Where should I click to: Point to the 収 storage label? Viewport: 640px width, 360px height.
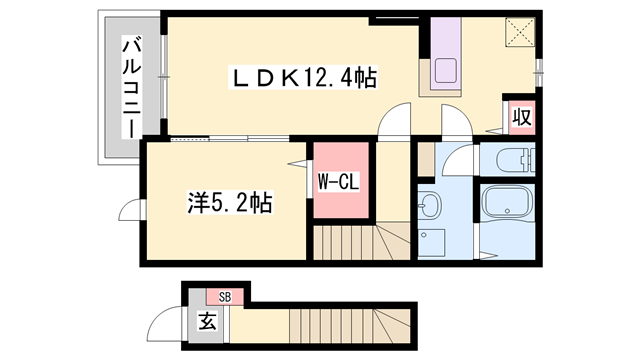click(x=521, y=117)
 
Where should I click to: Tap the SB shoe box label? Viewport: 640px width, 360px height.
click(x=225, y=296)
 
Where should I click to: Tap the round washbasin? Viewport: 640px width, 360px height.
click(x=427, y=207)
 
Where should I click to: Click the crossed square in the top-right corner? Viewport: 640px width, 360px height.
click(x=520, y=33)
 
